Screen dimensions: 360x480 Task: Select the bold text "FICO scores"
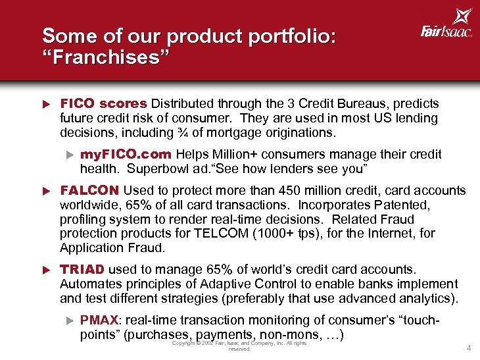[x=104, y=104]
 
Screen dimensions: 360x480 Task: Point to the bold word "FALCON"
[x=89, y=190]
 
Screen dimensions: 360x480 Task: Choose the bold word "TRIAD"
[x=82, y=269]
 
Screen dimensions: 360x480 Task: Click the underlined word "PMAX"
[x=99, y=320]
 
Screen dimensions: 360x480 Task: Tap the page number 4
[x=468, y=347]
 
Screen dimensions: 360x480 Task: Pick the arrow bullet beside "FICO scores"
[x=47, y=105]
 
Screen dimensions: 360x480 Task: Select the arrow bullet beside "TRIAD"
[x=47, y=270]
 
